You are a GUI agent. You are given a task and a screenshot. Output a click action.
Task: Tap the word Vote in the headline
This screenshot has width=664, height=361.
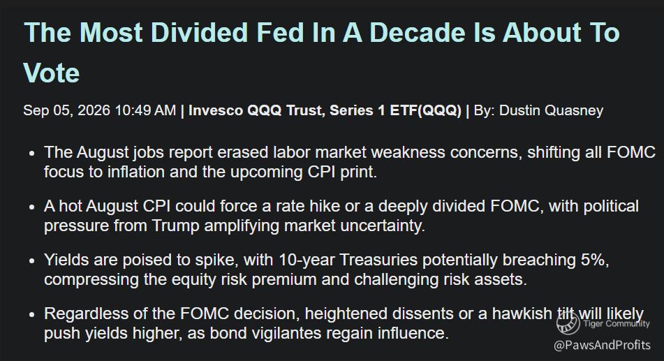(x=52, y=73)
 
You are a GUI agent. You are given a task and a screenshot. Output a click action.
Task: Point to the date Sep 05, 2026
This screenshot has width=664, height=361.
(x=66, y=110)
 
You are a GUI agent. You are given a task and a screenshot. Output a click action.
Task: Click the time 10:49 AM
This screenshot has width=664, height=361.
(x=145, y=110)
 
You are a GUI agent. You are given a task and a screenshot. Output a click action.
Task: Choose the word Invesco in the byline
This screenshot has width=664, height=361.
(x=215, y=110)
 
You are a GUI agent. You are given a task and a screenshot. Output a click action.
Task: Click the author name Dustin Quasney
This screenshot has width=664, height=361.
(x=551, y=110)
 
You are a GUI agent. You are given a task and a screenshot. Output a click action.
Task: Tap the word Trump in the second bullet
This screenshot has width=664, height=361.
(x=175, y=226)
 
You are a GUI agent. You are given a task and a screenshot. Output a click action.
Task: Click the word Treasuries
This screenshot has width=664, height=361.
(x=378, y=260)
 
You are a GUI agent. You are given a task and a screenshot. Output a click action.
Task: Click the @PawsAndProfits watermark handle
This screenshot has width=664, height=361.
(x=602, y=345)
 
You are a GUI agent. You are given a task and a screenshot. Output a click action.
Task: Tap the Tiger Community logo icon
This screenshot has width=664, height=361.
(x=568, y=324)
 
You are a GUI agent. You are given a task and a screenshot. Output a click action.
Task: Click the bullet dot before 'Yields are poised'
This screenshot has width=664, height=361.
(x=32, y=261)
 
